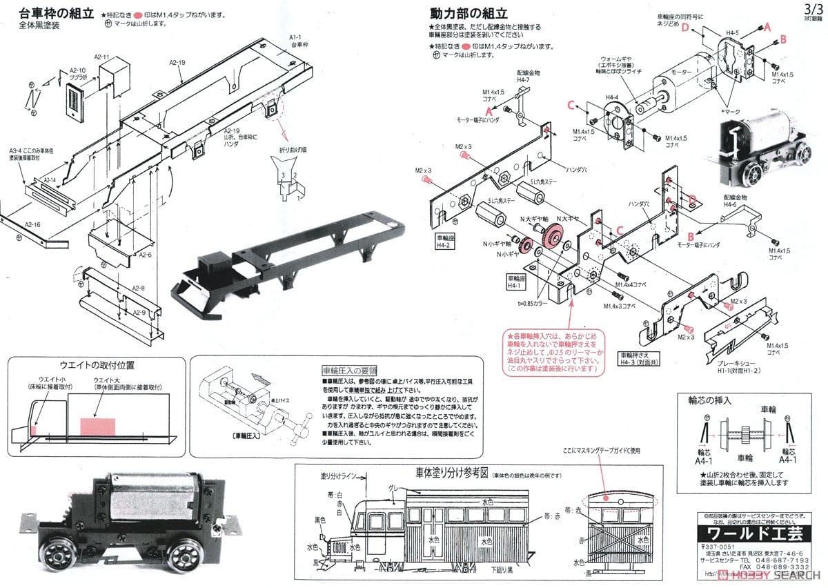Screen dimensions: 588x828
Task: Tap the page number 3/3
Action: pos(813,8)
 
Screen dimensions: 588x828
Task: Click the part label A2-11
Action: pos(101,57)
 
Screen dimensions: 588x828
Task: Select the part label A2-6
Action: pos(145,255)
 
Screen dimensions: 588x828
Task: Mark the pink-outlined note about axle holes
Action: pos(552,351)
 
